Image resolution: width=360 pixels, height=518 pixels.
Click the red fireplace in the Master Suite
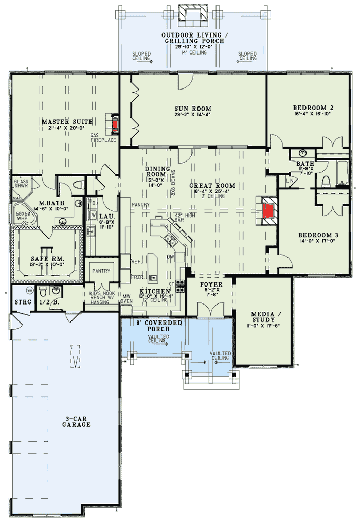click(116, 124)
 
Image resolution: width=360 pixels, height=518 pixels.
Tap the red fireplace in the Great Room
click(268, 210)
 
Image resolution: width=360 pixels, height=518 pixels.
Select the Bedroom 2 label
click(313, 108)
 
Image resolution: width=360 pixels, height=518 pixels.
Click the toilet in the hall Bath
click(325, 181)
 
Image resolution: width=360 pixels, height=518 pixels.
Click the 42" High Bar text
click(179, 217)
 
